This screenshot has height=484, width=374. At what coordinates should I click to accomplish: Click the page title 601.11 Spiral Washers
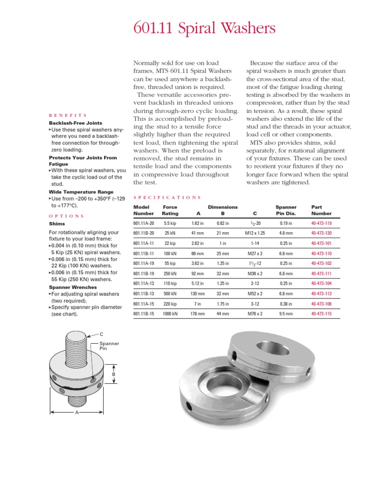[x=205, y=29]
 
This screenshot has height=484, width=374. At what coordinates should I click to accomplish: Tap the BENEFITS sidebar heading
[x=68, y=115]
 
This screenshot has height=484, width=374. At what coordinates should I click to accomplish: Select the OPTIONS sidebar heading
[x=67, y=216]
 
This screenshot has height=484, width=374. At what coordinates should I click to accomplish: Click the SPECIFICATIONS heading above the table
[x=167, y=198]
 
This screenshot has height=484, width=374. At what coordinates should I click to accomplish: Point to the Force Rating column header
[x=170, y=210]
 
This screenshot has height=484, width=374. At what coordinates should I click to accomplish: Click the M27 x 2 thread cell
[x=255, y=254]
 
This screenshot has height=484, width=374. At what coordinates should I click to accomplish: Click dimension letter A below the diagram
[x=76, y=412]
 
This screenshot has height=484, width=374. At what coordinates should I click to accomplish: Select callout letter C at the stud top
[x=101, y=334]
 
